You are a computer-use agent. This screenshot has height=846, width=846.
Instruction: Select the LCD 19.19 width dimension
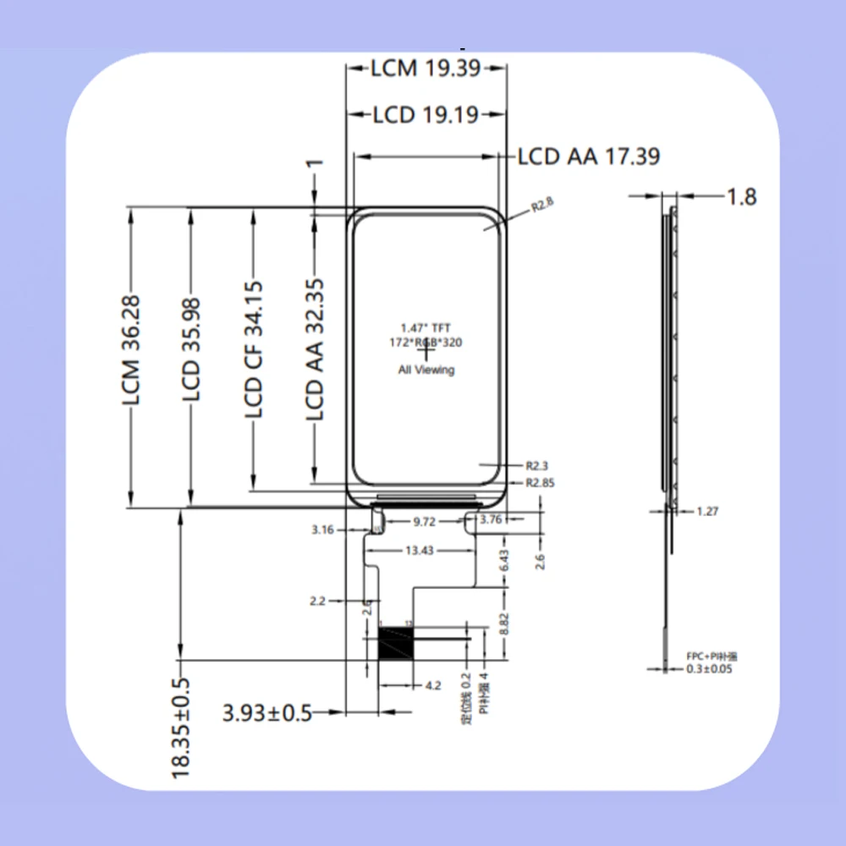pyautogui.click(x=426, y=114)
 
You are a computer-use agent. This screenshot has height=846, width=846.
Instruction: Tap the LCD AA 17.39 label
pyautogui.click(x=589, y=157)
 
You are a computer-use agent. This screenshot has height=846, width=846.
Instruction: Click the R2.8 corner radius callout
pyautogui.click(x=541, y=206)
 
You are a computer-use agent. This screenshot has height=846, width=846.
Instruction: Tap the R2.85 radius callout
pyautogui.click(x=541, y=483)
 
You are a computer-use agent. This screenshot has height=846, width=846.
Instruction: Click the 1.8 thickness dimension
pyautogui.click(x=741, y=196)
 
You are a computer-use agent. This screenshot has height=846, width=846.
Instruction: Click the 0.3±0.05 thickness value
pyautogui.click(x=709, y=669)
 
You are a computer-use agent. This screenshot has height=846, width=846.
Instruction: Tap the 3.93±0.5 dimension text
pyautogui.click(x=267, y=713)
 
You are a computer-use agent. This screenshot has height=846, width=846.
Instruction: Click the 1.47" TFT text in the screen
pyautogui.click(x=426, y=327)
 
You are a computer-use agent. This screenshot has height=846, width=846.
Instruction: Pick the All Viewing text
pyautogui.click(x=426, y=370)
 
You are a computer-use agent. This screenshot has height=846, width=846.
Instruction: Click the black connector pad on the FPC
pyautogui.click(x=395, y=644)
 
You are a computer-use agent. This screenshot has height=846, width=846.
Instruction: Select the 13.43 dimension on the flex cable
pyautogui.click(x=420, y=551)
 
